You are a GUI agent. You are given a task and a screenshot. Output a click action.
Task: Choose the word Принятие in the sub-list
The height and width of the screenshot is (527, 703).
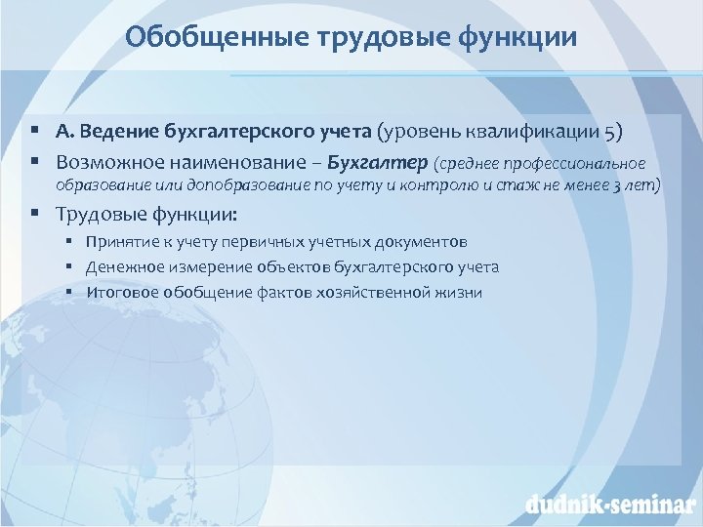click(x=117, y=241)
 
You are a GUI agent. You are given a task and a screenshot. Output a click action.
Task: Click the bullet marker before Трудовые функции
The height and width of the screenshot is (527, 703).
click(x=34, y=214)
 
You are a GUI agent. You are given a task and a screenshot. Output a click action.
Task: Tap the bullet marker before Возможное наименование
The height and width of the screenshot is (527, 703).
click(x=34, y=160)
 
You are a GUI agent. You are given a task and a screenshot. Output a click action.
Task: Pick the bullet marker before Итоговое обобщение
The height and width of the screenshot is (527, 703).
click(x=70, y=292)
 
